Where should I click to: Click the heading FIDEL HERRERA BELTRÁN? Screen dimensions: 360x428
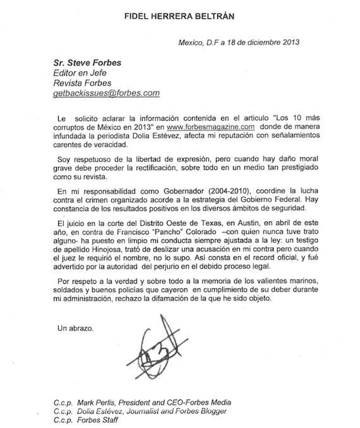[x=179, y=14]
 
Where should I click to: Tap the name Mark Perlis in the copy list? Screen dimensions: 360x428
[x=99, y=402]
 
